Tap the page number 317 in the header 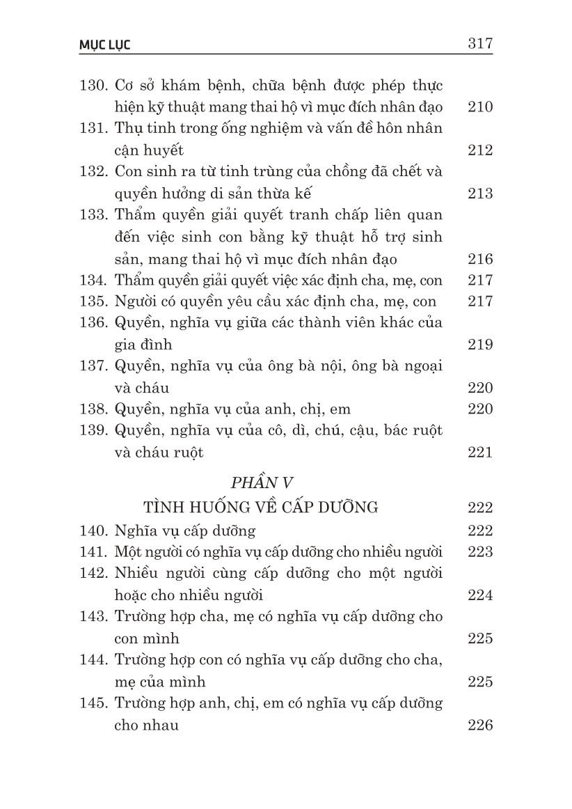click(x=480, y=44)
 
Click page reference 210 click(x=480, y=107)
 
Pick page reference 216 click(x=480, y=259)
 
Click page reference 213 click(x=480, y=194)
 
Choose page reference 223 click(x=480, y=552)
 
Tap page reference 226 click(x=480, y=725)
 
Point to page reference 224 click(x=480, y=595)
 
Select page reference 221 click(x=480, y=453)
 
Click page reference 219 click(x=480, y=345)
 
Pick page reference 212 click(x=480, y=150)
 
